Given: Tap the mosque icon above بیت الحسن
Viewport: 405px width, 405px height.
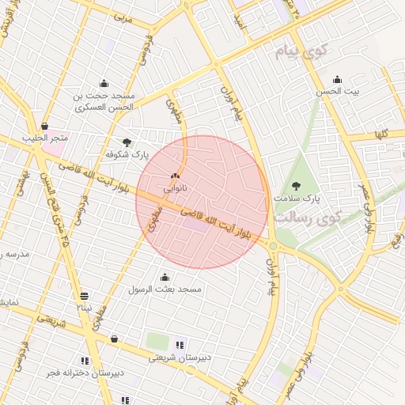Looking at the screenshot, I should [x=338, y=78].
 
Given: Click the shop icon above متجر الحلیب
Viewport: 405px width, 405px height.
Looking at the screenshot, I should [x=45, y=126].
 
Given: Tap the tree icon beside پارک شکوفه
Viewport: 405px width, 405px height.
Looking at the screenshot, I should [x=127, y=142].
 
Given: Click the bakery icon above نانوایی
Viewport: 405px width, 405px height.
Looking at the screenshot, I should [x=175, y=176].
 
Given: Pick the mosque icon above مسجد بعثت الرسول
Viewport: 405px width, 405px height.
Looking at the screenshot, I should [x=165, y=277].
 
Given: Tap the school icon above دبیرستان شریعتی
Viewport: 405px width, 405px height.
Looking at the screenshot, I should [x=181, y=344].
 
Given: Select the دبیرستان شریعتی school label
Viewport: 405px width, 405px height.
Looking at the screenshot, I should [x=181, y=358].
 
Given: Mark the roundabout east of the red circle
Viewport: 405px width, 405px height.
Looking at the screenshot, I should [x=273, y=246].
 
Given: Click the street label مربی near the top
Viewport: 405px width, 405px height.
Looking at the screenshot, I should [x=122, y=16].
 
